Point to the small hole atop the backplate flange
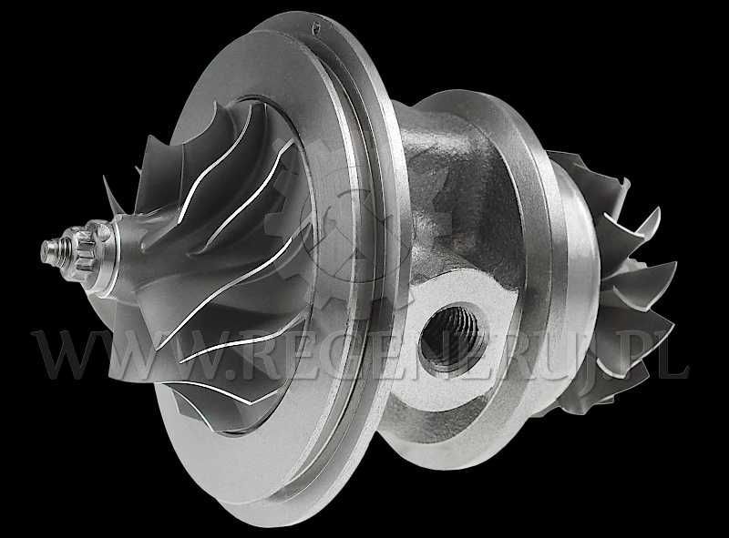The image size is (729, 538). [317, 28]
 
